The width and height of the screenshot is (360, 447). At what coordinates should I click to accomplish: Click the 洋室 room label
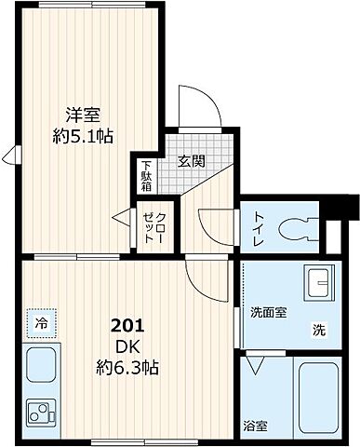pos(82,116)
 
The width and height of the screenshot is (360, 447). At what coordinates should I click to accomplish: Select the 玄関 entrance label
pos(192,159)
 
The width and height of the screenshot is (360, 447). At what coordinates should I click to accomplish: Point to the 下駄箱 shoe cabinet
pos(147,173)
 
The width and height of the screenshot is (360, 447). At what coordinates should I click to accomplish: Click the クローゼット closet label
pos(150,226)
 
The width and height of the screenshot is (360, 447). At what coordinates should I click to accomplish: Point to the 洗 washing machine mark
pos(318,329)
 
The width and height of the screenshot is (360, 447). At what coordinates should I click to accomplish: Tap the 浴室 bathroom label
pos(255,427)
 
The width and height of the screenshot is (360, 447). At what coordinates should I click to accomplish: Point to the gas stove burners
pos(41,410)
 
